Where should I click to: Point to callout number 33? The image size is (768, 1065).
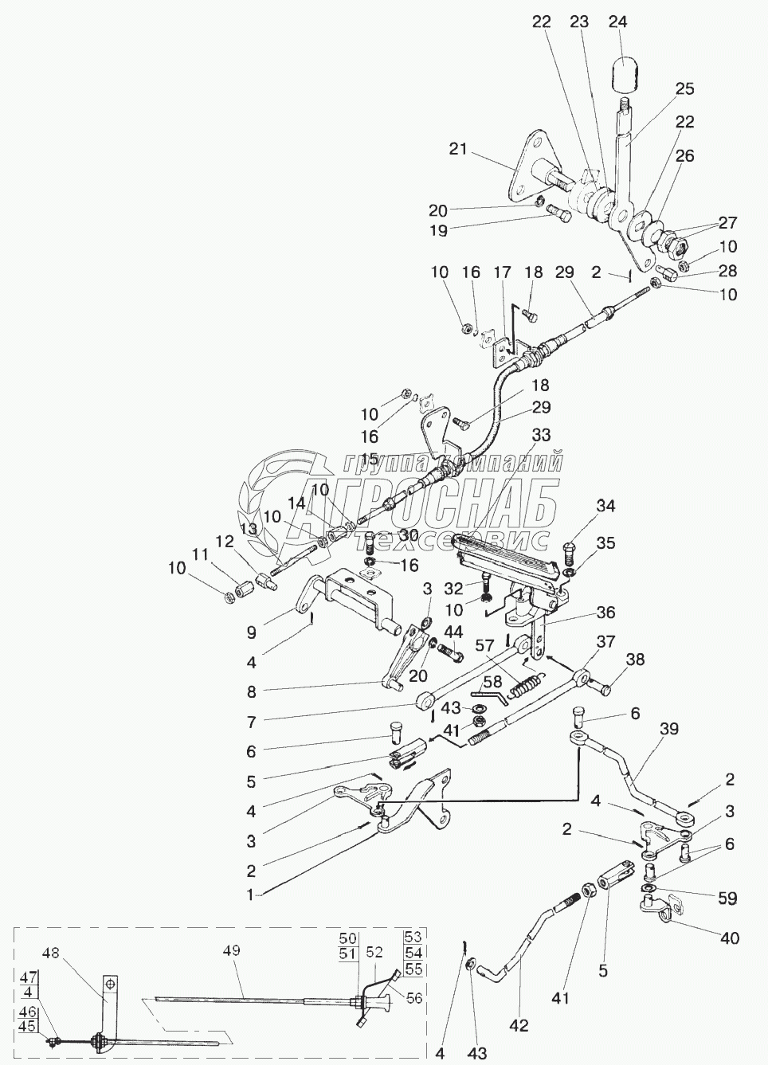coord(541,435)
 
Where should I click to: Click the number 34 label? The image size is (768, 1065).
coord(606,506)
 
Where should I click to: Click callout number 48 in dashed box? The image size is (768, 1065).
coord(51,953)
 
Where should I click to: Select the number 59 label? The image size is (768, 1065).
coord(727,899)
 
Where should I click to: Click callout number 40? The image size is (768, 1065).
coord(730,938)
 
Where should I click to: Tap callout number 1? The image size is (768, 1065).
coord(249,895)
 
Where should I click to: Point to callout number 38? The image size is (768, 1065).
coord(635,660)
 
